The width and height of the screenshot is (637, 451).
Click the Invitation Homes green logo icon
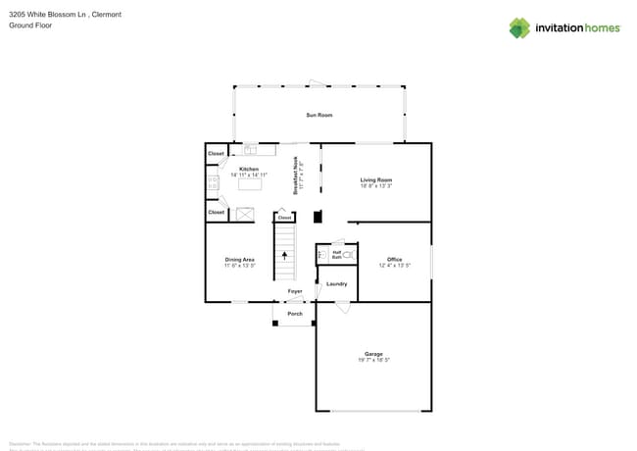[519, 27]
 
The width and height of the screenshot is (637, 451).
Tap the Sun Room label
[318, 115]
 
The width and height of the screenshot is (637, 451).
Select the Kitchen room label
[249, 169]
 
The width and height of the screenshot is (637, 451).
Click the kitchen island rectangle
[251, 184]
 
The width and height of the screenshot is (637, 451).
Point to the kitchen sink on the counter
[250, 150]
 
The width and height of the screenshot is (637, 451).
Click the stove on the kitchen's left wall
[211, 181]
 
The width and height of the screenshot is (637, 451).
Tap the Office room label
[393, 260]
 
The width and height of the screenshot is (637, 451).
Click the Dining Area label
[239, 260]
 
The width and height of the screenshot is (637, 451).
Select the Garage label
[373, 354]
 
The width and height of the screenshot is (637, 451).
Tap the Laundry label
[336, 284]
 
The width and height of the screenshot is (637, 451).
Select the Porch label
[294, 314]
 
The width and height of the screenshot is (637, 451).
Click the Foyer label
[294, 291]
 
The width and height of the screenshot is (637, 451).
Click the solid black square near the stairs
[317, 218]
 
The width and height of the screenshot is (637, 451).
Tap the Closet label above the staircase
[284, 218]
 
